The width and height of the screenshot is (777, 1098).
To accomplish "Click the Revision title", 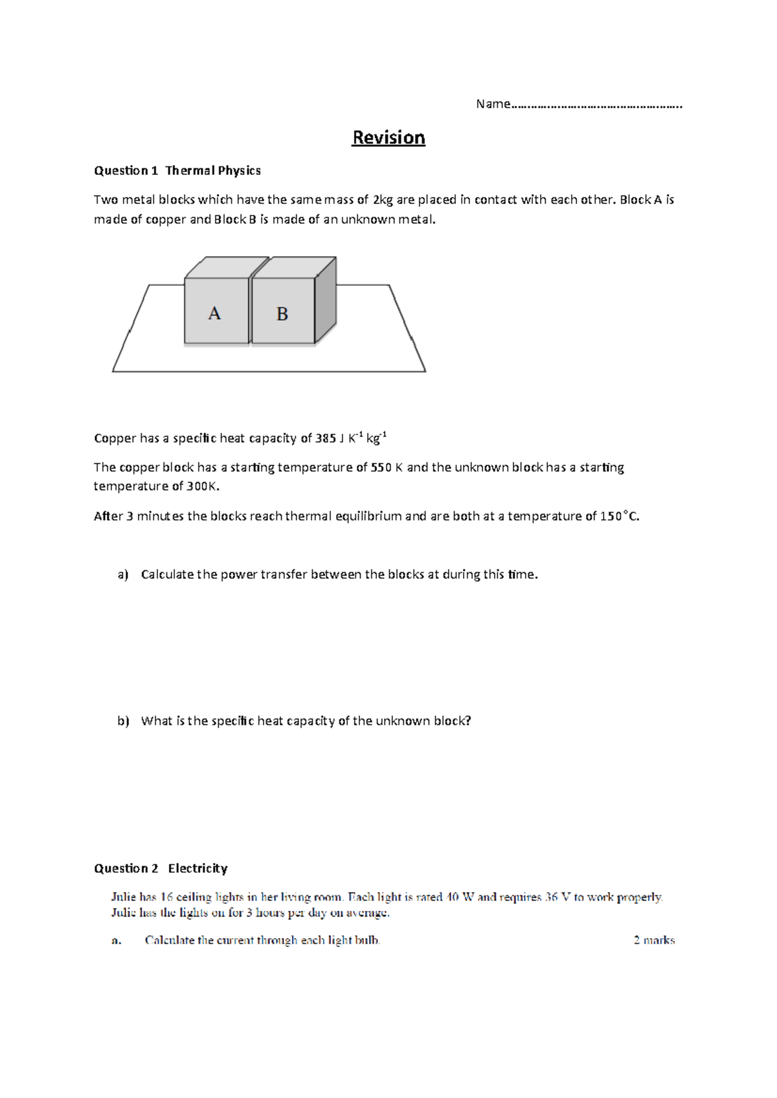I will [388, 138].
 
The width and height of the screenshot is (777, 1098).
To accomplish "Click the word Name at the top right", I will [493, 104].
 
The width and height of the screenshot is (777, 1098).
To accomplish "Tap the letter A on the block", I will [214, 314].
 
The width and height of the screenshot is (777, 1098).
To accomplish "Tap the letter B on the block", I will [282, 315].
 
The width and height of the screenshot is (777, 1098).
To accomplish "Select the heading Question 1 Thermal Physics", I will [177, 171].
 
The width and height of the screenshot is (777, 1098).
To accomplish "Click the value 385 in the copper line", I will [325, 439].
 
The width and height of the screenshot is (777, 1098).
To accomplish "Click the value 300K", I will [203, 486].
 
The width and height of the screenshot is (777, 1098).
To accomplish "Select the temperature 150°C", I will [620, 517].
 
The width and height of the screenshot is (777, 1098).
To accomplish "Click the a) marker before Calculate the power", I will [123, 575].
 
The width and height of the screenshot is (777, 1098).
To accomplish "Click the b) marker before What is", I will [123, 721].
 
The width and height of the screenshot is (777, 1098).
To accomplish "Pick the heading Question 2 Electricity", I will [161, 869].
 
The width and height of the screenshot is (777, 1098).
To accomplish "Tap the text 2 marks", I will [654, 940].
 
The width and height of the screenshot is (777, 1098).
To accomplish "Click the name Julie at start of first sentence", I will [123, 897].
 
